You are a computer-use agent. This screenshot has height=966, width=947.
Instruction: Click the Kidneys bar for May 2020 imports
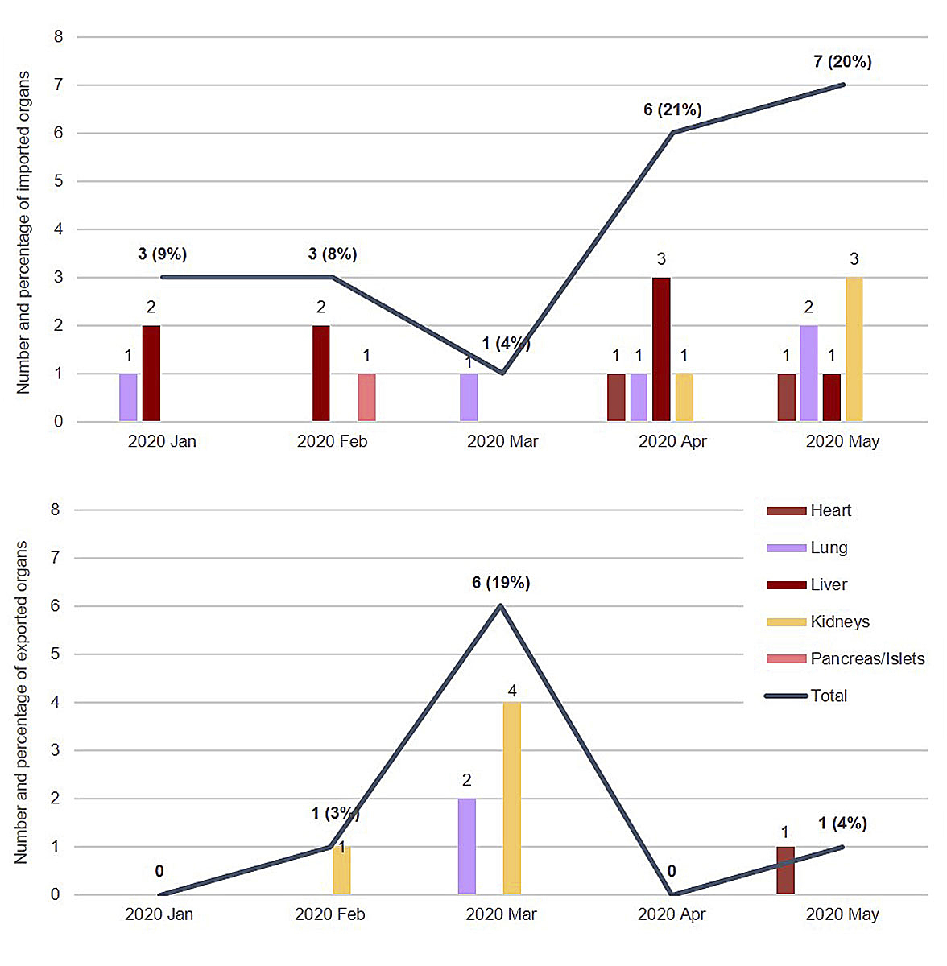854,349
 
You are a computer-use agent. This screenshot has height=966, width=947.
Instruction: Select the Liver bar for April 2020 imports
661,349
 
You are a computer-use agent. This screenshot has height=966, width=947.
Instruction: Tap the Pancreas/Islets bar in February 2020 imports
366,397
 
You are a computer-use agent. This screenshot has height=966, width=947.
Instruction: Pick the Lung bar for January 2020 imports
128,397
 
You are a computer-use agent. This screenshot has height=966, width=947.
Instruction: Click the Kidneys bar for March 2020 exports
512,798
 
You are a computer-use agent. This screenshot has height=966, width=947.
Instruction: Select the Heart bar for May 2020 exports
785,870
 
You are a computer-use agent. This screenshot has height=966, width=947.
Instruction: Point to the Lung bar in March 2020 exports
467,845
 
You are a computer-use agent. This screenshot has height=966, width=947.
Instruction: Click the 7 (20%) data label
842,62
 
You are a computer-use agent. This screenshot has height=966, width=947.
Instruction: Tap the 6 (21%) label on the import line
672,110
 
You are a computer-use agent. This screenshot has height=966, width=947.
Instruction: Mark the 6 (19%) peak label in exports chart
501,583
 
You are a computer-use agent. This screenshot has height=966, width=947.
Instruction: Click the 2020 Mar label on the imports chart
502,441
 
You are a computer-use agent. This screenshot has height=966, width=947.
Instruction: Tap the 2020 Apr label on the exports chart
672,914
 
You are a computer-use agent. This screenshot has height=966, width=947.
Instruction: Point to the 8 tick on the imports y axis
58,36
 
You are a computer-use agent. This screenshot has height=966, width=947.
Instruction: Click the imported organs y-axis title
23,233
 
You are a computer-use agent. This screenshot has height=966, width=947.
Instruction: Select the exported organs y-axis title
21,702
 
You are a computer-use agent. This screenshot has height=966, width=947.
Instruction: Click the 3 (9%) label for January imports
162,254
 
